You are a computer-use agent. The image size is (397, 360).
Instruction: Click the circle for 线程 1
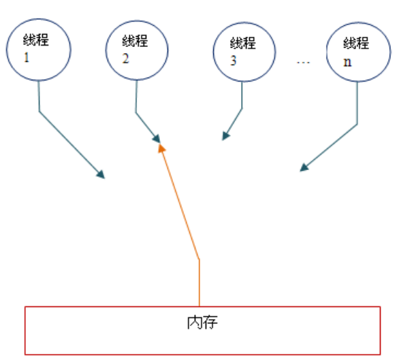7,50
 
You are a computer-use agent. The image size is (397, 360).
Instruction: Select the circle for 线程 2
106,50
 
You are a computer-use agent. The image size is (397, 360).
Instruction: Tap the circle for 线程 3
213,52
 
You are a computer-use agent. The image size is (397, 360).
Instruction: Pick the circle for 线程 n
327,52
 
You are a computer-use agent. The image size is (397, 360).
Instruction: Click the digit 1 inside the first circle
27,58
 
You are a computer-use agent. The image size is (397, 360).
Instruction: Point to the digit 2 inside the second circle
125,59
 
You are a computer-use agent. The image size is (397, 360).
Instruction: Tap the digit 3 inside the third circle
233,61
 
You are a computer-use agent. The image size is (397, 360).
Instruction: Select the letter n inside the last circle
347,62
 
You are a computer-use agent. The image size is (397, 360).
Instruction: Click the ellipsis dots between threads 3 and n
303,62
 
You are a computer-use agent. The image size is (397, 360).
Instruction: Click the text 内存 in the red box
202,323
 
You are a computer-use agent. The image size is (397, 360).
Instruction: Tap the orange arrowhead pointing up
161,148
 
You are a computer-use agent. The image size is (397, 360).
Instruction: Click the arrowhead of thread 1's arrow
101,174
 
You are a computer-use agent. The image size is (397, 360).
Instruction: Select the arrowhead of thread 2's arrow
157,139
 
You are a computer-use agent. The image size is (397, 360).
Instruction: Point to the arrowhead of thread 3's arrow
225,136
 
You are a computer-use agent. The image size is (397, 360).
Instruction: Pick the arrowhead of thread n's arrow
304,167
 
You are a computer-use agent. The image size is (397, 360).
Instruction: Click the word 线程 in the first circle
36,39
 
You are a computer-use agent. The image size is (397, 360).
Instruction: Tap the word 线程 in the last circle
356,43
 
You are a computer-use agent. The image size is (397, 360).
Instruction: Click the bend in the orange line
200,259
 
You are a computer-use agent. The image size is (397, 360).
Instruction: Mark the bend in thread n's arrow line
358,125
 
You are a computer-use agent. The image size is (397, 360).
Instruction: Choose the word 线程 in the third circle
243,43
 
